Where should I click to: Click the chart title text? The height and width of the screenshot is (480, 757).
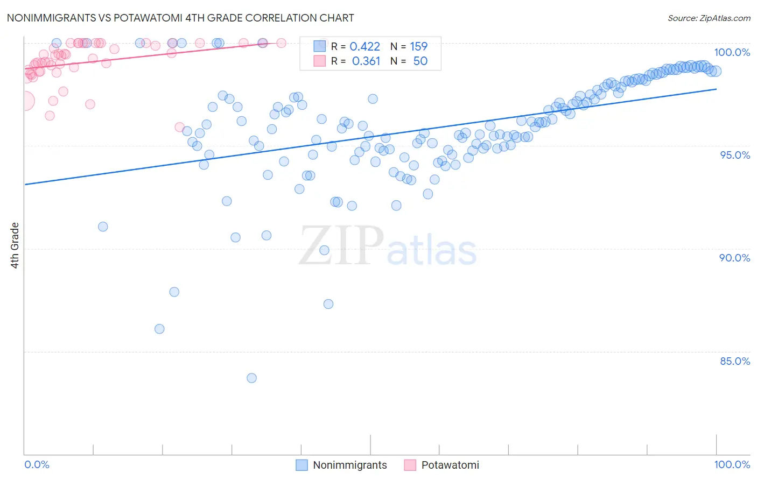180,18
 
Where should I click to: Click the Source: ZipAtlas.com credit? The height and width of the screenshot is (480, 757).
709,18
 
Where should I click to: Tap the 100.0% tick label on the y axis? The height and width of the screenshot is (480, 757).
732,52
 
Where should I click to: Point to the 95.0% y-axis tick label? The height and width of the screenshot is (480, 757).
734,155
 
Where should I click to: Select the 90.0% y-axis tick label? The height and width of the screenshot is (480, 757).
734,258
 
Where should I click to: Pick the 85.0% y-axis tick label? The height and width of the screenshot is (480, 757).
734,361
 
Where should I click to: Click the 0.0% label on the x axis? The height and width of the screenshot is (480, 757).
37,464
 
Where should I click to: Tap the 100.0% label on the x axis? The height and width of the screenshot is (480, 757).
732,464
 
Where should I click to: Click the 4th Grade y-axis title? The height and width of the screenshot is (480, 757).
15,245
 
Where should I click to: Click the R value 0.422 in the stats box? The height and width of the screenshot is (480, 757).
365,47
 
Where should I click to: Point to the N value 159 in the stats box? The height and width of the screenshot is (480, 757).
418,47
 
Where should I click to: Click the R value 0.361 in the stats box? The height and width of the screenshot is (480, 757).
366,61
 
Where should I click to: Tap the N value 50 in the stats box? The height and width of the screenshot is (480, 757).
420,61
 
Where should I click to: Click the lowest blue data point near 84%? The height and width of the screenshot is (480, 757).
251,378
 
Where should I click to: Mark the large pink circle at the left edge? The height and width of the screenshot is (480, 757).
25,101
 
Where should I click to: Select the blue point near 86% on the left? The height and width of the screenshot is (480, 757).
159,329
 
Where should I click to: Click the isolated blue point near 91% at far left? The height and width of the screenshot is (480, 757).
103,227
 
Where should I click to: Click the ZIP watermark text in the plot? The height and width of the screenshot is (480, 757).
341,246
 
